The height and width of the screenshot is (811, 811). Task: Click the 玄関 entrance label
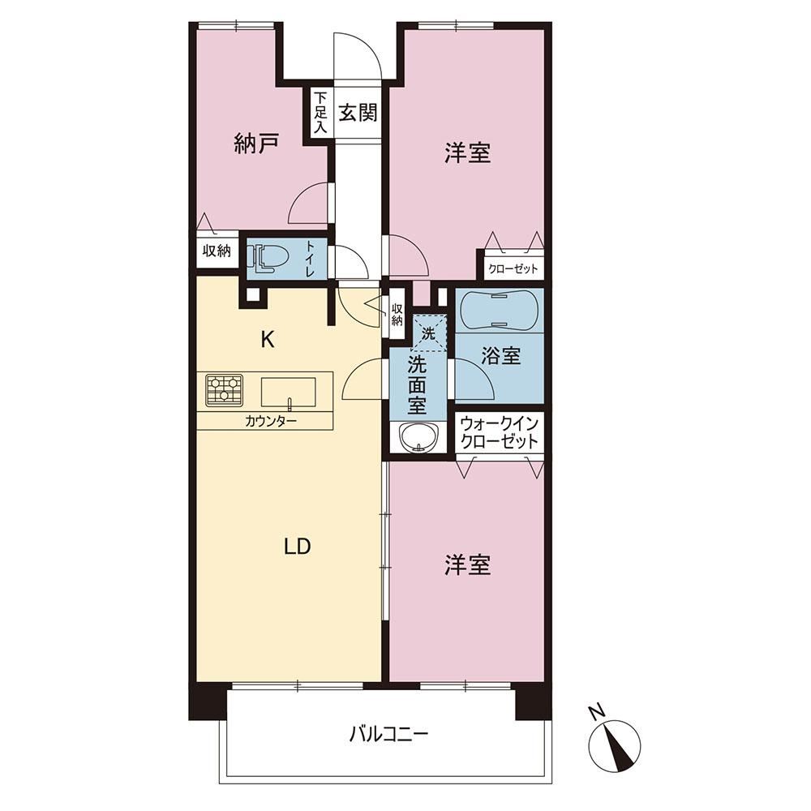(358, 112)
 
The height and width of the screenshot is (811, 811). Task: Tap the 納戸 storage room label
(256, 144)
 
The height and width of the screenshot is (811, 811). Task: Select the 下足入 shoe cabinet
(320, 112)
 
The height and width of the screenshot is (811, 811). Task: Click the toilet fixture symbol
(268, 257)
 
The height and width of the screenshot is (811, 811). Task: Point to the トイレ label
(312, 258)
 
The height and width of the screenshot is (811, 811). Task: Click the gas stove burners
(225, 389)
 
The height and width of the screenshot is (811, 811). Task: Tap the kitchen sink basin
(288, 392)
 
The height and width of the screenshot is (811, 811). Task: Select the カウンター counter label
(271, 421)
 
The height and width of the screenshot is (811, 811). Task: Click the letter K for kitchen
(268, 340)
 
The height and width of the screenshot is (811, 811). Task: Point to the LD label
(298, 547)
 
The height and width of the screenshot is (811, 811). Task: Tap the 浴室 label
(500, 356)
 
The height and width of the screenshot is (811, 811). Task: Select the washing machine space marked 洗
(428, 333)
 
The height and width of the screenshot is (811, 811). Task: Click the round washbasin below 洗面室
(418, 438)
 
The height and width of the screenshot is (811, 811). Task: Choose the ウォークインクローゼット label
(500, 433)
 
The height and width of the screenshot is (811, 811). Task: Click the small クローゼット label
(513, 269)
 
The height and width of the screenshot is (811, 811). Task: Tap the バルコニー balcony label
(389, 734)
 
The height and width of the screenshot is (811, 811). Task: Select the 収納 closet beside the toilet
(217, 251)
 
